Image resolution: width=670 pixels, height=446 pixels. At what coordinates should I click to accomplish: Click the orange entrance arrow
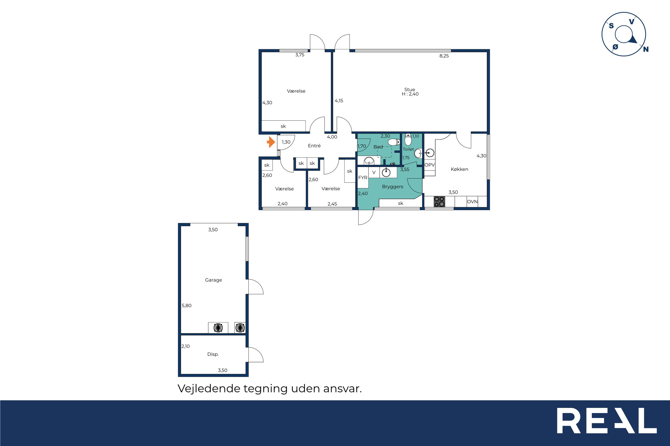271,142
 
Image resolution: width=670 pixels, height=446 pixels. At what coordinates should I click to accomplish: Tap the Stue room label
409,89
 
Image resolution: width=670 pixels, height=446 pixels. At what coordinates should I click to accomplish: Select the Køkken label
459,169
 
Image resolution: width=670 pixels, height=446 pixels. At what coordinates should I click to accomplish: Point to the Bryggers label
392,187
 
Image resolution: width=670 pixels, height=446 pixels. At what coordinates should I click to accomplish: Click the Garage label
213,280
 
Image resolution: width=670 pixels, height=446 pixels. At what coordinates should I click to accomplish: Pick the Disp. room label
213,354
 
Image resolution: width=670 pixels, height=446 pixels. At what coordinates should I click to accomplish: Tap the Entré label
314,146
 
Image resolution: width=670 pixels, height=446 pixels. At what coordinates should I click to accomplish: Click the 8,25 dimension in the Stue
444,56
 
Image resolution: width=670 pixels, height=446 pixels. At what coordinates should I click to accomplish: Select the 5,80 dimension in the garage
187,305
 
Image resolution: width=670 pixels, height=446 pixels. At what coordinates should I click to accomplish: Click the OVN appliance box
472,202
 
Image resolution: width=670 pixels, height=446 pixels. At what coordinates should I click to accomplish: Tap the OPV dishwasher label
429,165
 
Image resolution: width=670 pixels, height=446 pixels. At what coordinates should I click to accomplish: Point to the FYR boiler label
363,178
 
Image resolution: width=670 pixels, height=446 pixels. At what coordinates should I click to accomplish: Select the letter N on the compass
646,49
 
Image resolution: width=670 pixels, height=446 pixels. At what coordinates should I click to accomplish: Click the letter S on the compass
611,26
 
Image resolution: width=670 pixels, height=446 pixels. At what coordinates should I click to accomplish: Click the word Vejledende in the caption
209,389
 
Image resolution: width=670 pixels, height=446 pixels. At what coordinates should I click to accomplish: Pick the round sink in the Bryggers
386,172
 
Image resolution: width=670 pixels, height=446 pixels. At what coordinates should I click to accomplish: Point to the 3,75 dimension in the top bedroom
299,55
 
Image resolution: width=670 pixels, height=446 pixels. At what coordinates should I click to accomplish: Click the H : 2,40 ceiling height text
410,94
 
